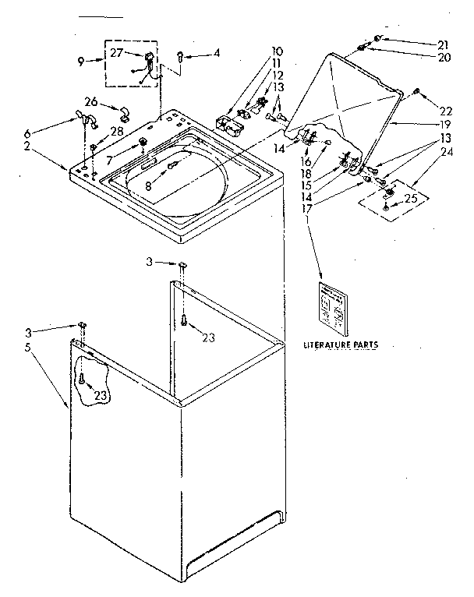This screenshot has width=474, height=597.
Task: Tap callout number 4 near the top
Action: (217, 53)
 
